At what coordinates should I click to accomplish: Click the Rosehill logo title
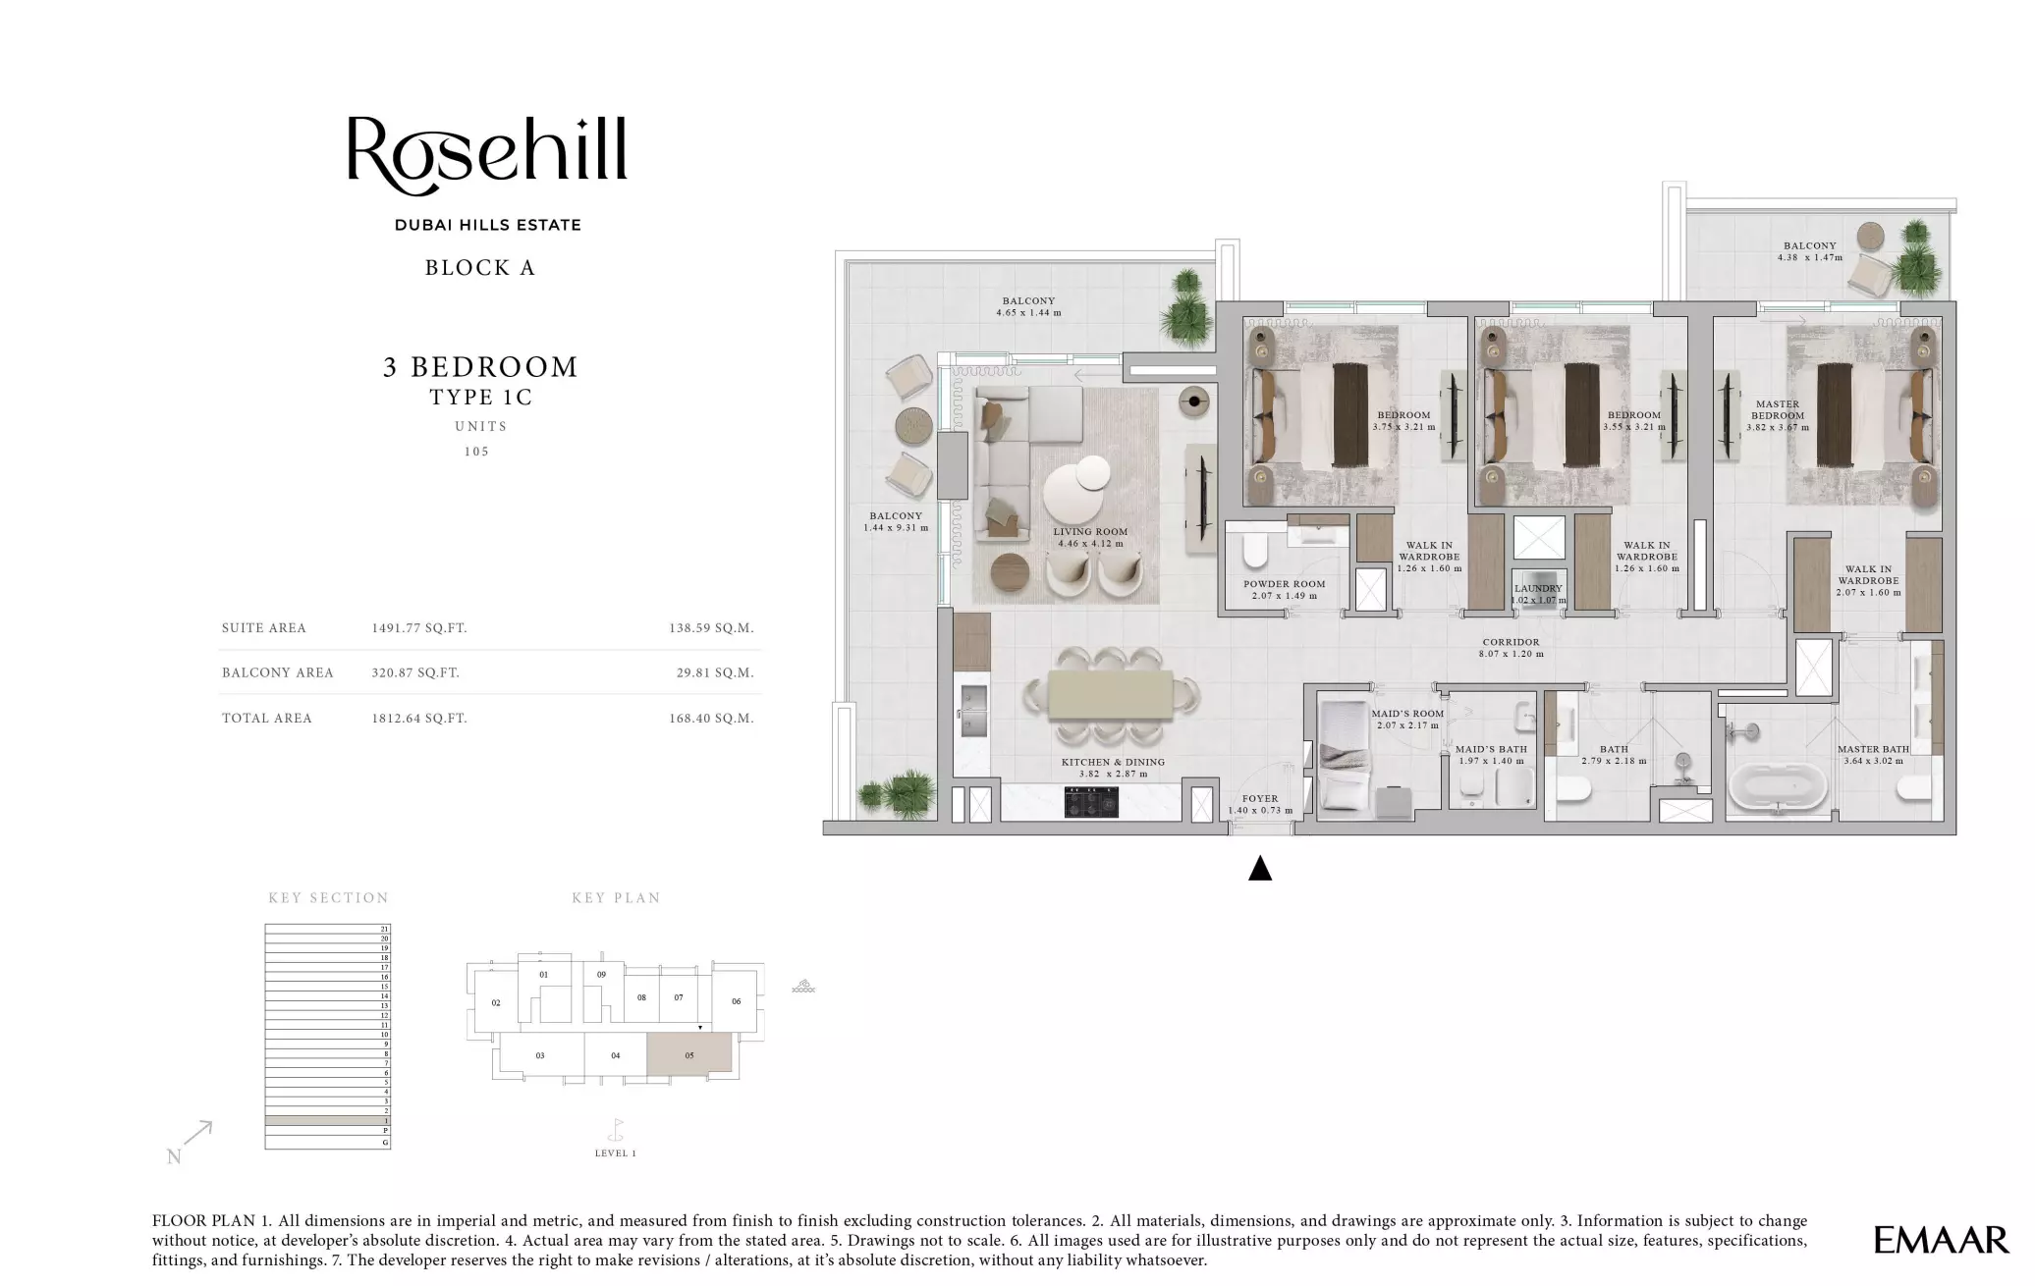point(487,150)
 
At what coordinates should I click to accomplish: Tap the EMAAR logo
point(1940,1240)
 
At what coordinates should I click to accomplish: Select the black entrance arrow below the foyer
point(1260,869)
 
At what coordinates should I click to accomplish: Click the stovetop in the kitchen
point(1091,802)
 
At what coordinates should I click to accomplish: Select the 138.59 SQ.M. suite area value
point(711,628)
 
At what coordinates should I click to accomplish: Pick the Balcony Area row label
point(278,673)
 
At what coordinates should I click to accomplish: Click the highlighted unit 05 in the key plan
point(689,1054)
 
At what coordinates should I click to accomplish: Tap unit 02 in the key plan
point(496,1003)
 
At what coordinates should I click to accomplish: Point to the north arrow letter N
point(174,1157)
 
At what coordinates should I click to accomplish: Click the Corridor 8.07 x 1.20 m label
point(1511,648)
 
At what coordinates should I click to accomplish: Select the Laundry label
point(1537,589)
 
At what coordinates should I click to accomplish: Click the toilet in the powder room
point(1255,552)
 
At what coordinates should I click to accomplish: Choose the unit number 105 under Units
point(476,452)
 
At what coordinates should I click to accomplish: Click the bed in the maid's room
point(1341,754)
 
